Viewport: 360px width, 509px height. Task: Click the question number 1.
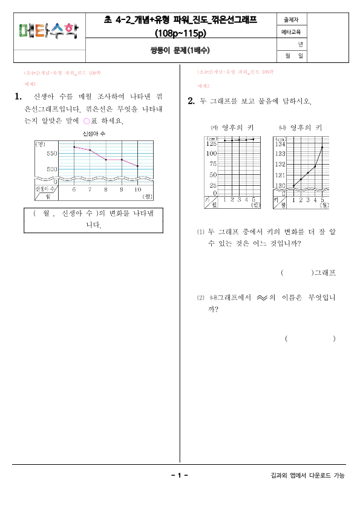(18, 96)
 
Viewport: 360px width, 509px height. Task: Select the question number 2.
(191, 101)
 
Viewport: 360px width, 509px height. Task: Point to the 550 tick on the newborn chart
(50, 154)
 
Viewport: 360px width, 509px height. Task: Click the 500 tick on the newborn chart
(50, 169)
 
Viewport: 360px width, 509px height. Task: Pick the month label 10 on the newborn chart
(138, 189)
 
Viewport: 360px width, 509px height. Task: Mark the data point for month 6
(74, 147)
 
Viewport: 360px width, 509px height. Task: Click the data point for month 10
(138, 166)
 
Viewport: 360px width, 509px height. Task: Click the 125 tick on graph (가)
(211, 144)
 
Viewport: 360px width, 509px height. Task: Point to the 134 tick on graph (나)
(280, 144)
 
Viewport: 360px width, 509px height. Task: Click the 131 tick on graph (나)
(280, 175)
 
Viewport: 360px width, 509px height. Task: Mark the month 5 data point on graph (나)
(322, 147)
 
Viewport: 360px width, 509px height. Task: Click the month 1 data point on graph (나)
(294, 186)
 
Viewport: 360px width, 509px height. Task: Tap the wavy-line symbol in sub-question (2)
(261, 298)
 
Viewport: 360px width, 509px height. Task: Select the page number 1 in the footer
(180, 476)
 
